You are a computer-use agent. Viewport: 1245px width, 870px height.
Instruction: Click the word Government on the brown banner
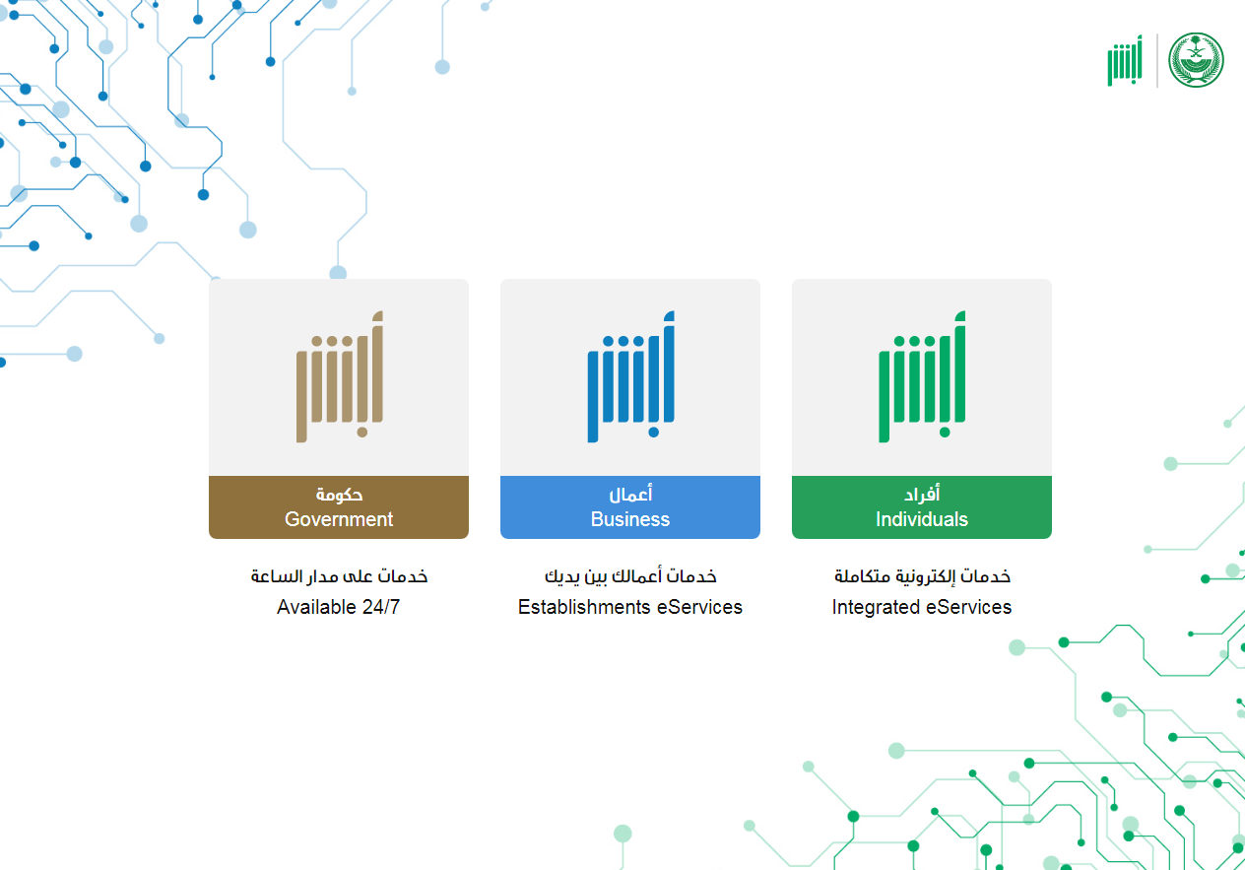(x=339, y=519)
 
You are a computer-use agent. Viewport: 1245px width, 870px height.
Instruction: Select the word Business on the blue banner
(x=629, y=519)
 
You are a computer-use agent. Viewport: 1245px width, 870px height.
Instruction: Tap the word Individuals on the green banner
(x=922, y=519)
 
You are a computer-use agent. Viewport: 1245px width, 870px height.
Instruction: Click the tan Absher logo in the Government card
(x=340, y=376)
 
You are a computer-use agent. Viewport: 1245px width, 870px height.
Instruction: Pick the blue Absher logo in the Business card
(x=630, y=376)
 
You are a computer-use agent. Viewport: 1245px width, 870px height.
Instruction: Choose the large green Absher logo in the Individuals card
(x=922, y=376)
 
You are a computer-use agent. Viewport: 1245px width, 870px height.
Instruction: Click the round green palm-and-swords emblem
(x=1196, y=60)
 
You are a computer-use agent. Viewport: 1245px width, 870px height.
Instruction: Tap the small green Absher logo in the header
(x=1125, y=60)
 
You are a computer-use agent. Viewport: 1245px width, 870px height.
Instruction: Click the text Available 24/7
(x=339, y=607)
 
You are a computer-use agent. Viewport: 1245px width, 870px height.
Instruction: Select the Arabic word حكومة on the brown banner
(x=339, y=494)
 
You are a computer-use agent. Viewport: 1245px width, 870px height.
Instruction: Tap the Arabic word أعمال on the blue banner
(x=630, y=494)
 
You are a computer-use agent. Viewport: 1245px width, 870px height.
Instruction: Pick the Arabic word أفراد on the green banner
(x=922, y=494)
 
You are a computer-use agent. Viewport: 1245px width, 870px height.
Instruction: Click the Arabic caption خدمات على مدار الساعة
(x=339, y=576)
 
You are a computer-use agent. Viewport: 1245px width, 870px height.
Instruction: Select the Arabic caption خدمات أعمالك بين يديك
(x=630, y=576)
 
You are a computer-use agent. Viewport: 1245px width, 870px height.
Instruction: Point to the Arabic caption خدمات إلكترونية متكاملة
(x=922, y=576)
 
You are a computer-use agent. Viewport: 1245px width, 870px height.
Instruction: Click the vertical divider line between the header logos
(x=1157, y=60)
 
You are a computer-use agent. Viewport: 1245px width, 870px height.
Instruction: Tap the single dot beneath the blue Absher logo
(x=654, y=432)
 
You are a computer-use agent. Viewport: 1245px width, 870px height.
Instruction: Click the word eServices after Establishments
(x=699, y=607)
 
